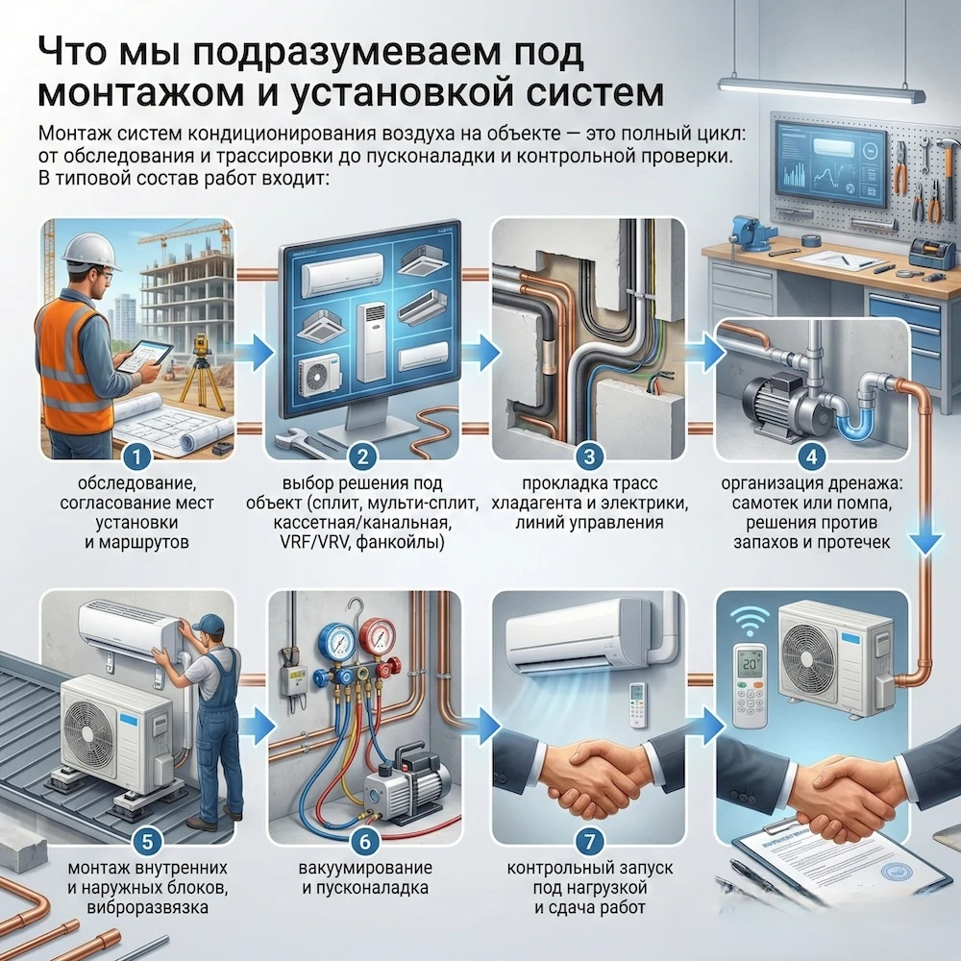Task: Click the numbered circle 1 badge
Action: point(136,456)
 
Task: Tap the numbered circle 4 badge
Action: point(812,456)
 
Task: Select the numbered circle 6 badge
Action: point(365,841)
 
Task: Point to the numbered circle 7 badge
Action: point(589,841)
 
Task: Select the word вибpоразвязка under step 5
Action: point(147,907)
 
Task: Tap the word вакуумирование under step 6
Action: point(365,868)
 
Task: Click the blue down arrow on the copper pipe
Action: point(926,543)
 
